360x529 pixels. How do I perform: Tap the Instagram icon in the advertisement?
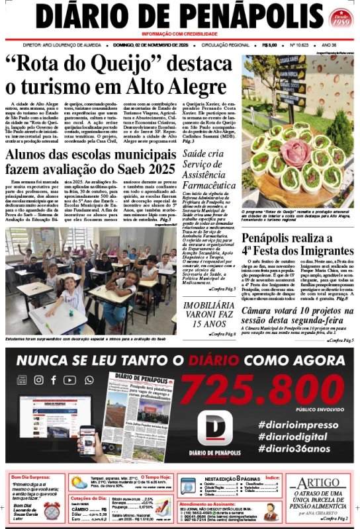38,380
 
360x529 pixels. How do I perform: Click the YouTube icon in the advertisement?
69,380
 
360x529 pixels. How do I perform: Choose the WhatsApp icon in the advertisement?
85,380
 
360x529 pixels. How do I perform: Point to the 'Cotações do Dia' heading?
89,498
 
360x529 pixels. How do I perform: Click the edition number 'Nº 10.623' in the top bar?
301,45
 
